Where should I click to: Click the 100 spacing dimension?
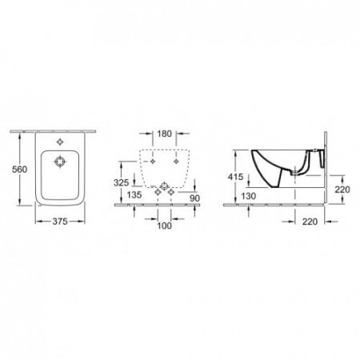pyautogui.click(x=163, y=225)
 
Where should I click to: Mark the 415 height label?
pyautogui.click(x=236, y=176)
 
